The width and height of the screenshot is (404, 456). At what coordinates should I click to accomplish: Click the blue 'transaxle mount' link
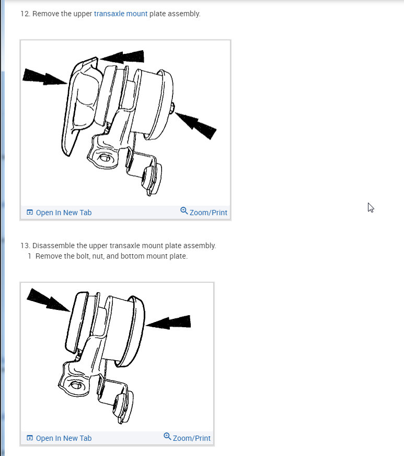pos(120,14)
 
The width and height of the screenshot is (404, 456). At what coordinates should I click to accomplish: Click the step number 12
pos(25,14)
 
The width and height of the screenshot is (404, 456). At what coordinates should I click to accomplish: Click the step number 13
pos(25,246)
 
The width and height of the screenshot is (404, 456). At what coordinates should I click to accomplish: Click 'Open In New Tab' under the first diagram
pos(63,213)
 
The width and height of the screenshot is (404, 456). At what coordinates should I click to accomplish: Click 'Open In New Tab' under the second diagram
pos(63,438)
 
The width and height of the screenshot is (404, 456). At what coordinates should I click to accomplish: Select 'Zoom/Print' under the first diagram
pos(208,213)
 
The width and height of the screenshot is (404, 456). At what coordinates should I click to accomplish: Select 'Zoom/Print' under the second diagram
pos(191,438)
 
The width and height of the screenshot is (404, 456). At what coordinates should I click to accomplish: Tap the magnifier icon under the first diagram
pos(184,211)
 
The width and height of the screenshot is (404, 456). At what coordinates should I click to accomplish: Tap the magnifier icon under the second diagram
pos(167,437)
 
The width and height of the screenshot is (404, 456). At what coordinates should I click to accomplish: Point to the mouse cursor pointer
pos(371,207)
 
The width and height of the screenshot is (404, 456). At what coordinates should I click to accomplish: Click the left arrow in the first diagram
pos(45,77)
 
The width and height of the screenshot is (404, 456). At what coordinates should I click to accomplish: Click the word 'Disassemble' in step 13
pos(52,246)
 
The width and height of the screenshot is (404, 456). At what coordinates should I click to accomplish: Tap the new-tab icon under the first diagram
pos(30,213)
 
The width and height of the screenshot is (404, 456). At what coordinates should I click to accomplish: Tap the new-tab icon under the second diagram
pos(30,438)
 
